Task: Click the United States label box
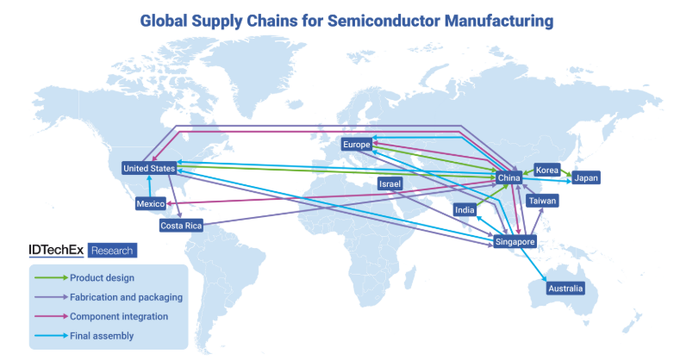click(149, 168)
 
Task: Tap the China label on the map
click(508, 178)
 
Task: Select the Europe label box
click(356, 144)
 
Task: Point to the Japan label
click(586, 178)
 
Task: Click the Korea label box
click(547, 170)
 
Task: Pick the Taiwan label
click(543, 201)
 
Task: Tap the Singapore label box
click(515, 242)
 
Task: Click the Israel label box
click(390, 184)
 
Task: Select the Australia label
click(566, 289)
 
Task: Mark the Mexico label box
click(151, 204)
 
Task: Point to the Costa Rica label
click(181, 226)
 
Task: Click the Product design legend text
click(102, 277)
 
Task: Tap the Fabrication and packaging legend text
click(126, 297)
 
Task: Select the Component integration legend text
click(119, 316)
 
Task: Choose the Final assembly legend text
click(102, 336)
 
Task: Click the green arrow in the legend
click(50, 277)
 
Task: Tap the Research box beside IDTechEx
click(112, 251)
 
